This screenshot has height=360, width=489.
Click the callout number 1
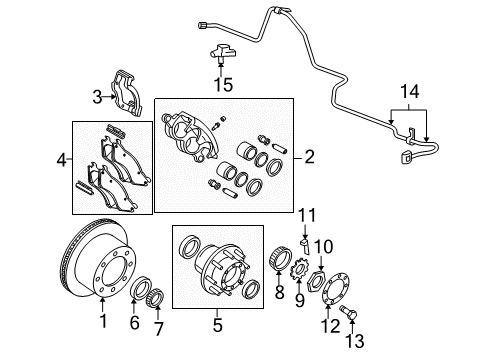pos(101,322)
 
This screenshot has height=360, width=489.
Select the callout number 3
pos(97,96)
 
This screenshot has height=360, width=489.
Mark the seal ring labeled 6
pos(140,291)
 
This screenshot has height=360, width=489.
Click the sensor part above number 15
pos(221,54)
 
